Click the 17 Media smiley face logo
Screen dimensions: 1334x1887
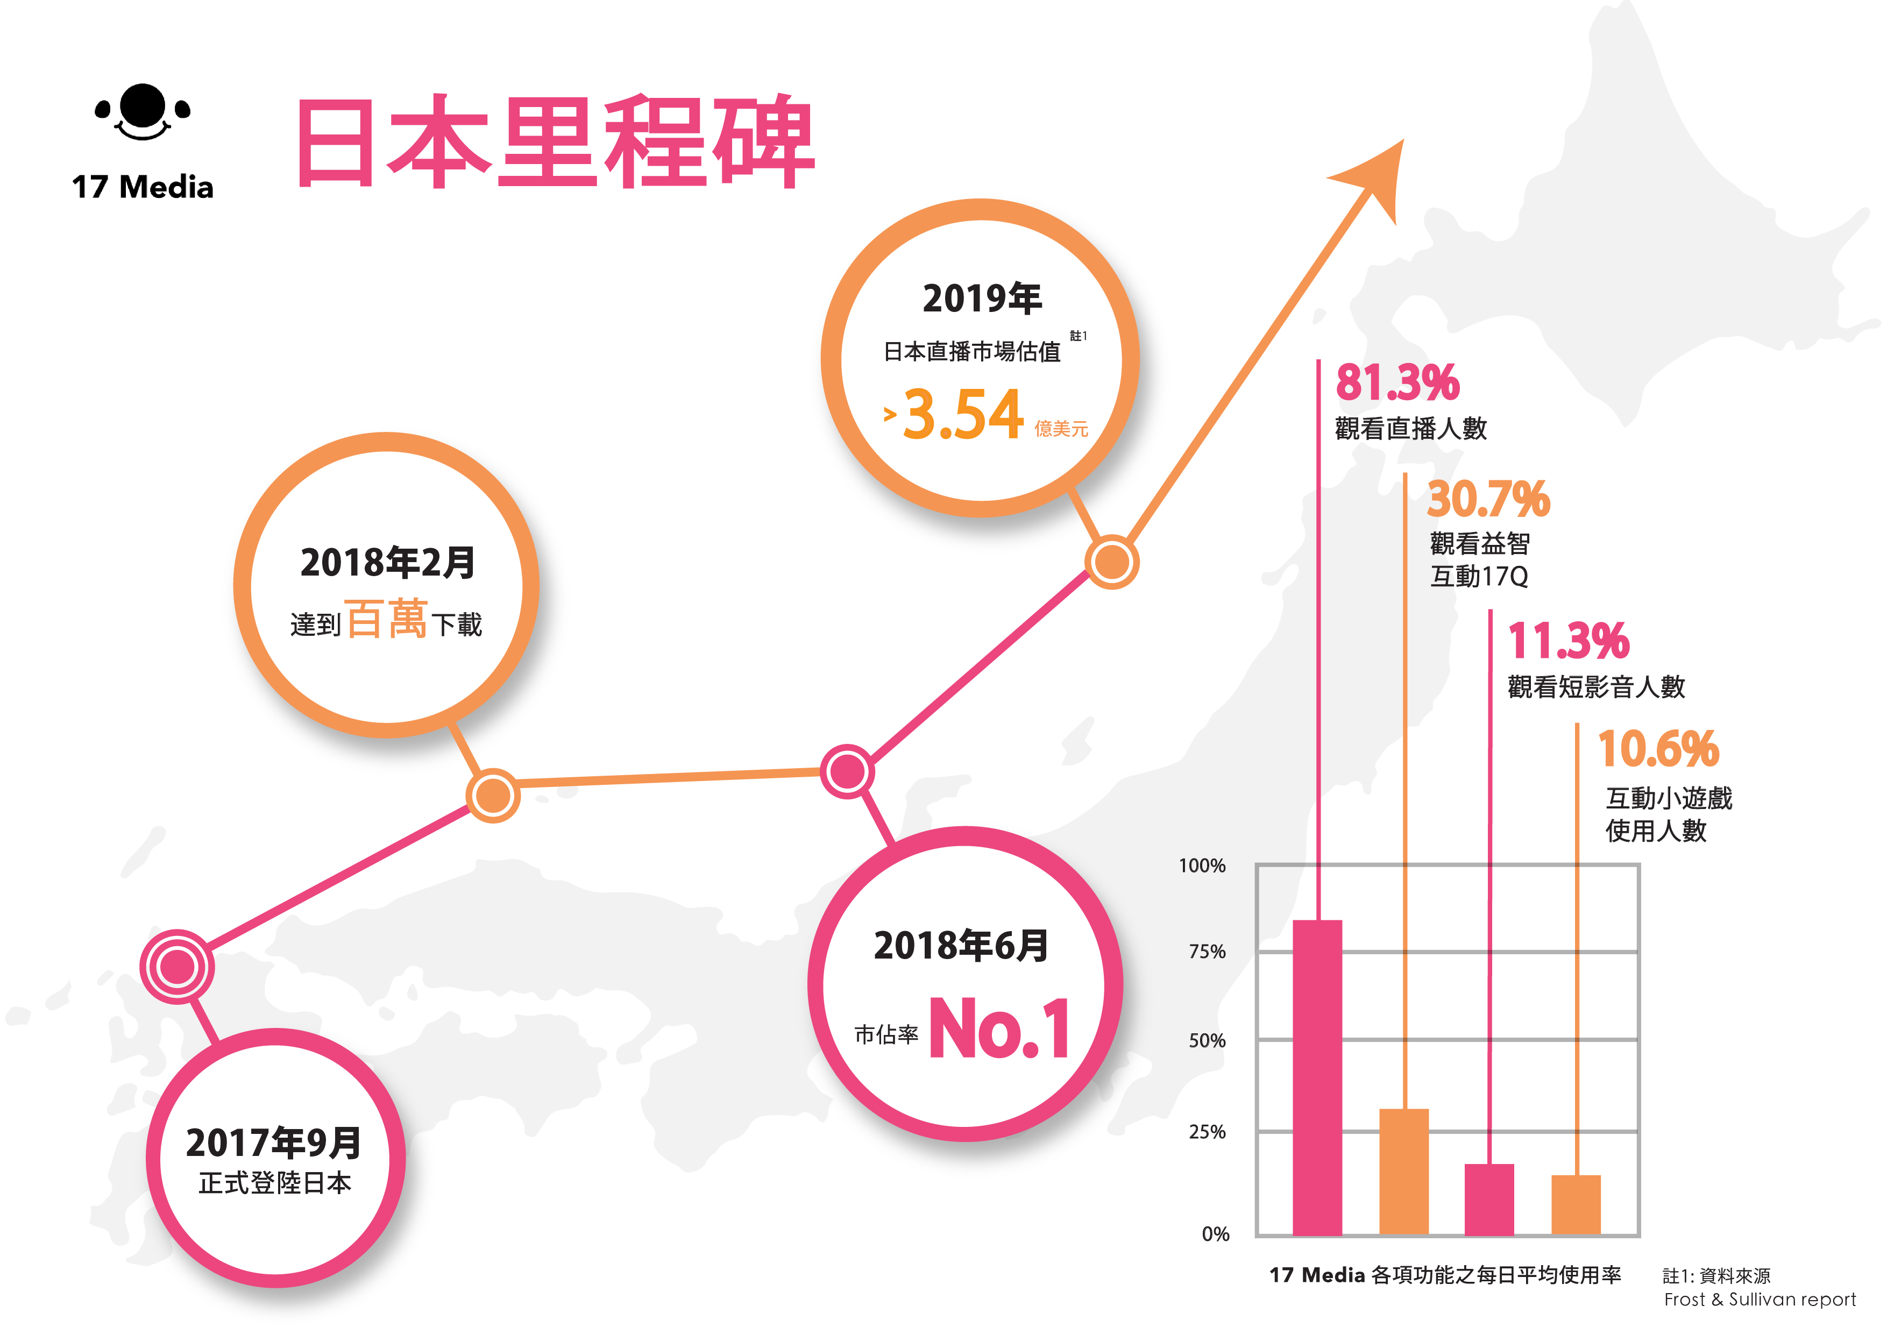[x=142, y=112]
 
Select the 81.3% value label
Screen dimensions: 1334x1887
[x=1397, y=383]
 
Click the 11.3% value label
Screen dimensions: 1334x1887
[x=1568, y=641]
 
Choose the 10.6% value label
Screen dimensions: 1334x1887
[x=1658, y=749]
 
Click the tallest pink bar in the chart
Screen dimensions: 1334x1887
[x=1317, y=1077]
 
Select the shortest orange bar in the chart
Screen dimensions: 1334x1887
[x=1576, y=1204]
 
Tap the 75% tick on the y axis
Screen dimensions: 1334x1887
[x=1207, y=952]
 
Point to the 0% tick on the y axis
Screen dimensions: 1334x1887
[x=1215, y=1234]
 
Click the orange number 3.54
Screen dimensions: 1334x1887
[x=963, y=415]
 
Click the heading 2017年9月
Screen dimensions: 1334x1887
[x=274, y=1143]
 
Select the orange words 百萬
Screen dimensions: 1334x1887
[x=386, y=619]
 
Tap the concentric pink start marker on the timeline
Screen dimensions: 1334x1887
[x=176, y=967]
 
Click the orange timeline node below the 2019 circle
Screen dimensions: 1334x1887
[x=1111, y=562]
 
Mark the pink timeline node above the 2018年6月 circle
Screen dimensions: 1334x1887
[x=847, y=771]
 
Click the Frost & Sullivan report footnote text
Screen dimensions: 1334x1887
[x=1760, y=1300]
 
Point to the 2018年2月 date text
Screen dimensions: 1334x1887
[x=387, y=563]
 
